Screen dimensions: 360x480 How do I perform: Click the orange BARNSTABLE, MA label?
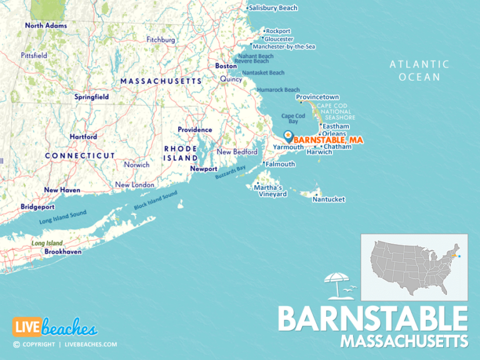click(328, 139)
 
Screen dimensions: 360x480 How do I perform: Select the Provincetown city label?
click(317, 97)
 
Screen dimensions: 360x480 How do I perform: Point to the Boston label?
click(226, 66)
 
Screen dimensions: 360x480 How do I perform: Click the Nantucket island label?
click(329, 199)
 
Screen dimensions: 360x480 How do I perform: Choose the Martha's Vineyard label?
click(273, 191)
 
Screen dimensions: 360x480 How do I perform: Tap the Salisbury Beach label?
click(272, 8)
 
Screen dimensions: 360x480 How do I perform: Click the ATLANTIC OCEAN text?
click(419, 71)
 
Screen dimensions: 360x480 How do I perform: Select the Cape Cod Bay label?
click(292, 119)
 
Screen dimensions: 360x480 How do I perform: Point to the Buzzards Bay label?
click(231, 172)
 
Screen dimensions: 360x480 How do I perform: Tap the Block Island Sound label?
click(156, 200)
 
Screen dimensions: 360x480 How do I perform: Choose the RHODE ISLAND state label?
click(181, 153)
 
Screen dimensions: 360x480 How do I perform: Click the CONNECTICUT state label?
click(80, 155)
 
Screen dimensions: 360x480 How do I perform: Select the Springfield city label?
click(92, 97)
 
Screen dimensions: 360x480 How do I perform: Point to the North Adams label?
click(46, 26)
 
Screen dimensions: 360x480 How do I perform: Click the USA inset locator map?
click(414, 267)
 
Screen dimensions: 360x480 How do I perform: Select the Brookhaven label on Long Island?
click(62, 251)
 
